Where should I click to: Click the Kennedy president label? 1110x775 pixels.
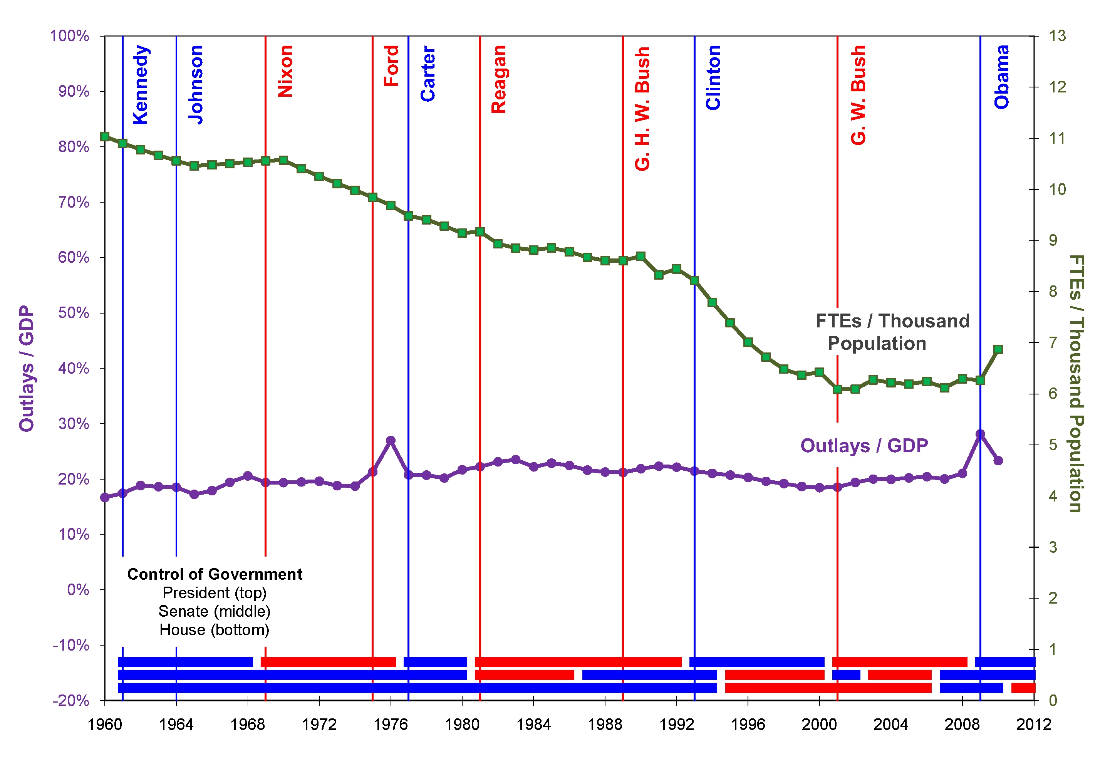(x=140, y=85)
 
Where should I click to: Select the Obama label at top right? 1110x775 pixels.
(x=1002, y=77)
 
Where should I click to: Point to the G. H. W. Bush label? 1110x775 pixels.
(x=642, y=109)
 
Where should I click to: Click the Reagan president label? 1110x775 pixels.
(x=498, y=79)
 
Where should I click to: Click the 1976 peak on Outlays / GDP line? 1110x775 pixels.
(x=391, y=440)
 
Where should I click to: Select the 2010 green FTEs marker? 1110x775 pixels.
(x=998, y=349)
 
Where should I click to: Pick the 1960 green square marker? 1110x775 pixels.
(x=105, y=136)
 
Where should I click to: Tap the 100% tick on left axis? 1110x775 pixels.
(x=70, y=36)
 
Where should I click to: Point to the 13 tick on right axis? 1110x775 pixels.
(x=1057, y=36)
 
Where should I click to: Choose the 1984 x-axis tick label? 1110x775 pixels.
(x=533, y=724)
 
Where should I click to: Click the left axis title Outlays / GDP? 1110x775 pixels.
(x=27, y=368)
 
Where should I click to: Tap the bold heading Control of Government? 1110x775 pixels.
(x=215, y=574)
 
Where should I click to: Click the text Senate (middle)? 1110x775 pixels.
(x=215, y=612)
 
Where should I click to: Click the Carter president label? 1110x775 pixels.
(x=428, y=74)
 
